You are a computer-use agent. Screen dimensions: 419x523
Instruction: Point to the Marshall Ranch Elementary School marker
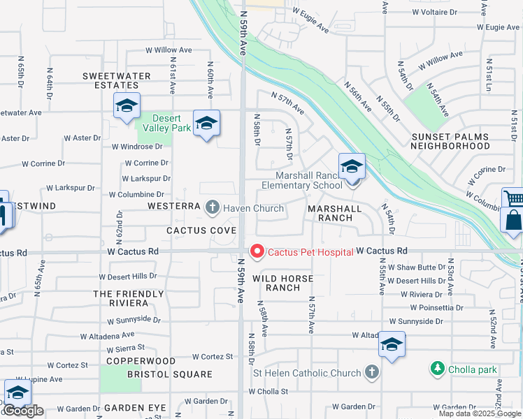pyautogui.click(x=352, y=168)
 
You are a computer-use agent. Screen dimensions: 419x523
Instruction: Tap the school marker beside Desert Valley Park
pyautogui.click(x=206, y=124)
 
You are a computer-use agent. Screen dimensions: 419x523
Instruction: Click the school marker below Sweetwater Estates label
pyautogui.click(x=127, y=107)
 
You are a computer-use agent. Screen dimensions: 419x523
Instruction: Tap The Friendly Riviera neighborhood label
pyautogui.click(x=120, y=298)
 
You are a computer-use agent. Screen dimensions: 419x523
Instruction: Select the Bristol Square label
pyautogui.click(x=169, y=374)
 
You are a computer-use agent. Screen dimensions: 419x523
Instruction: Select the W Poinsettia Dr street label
pyautogui.click(x=436, y=307)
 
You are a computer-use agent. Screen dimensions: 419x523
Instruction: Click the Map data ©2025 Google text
pyautogui.click(x=480, y=413)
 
